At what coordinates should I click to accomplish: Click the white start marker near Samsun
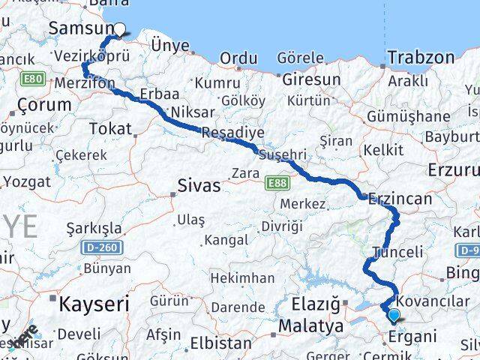click(118, 31)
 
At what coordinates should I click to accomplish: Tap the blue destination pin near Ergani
click(394, 315)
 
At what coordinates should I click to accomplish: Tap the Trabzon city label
click(421, 57)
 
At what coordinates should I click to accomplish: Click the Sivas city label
click(199, 185)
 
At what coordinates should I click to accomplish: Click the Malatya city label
click(310, 326)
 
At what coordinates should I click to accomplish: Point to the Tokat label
click(110, 129)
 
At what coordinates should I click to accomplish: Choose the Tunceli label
click(397, 252)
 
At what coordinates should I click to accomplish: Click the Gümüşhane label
click(408, 117)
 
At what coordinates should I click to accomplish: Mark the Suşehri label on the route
click(282, 154)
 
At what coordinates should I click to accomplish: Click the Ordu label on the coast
click(239, 58)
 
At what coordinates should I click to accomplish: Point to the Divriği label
click(281, 226)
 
